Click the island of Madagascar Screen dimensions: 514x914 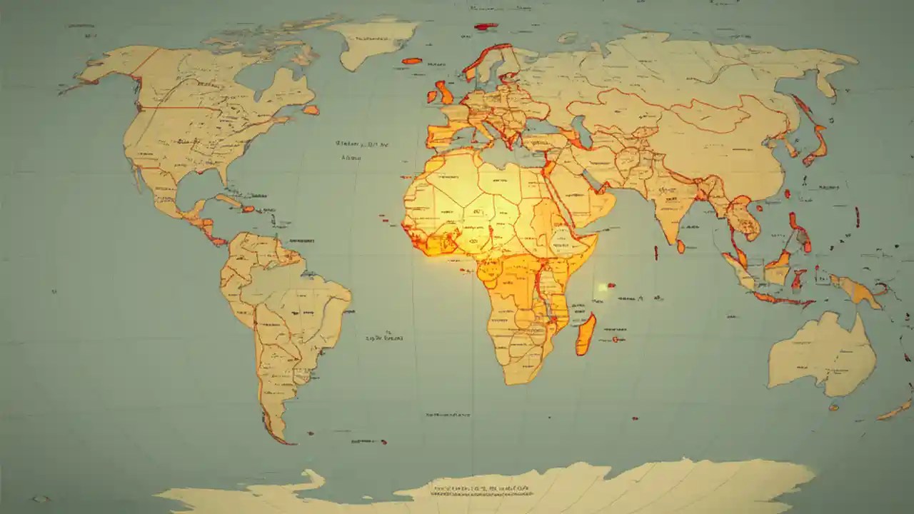tap(586, 334)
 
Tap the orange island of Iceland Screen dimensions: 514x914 tap(412, 61)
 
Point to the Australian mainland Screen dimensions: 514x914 tap(821, 353)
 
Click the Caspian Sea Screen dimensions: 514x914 tap(579, 133)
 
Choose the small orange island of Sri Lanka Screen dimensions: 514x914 tap(681, 246)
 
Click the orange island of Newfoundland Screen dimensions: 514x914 tap(311, 110)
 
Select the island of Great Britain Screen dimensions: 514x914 tap(445, 93)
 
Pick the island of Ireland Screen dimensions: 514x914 tap(431, 96)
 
